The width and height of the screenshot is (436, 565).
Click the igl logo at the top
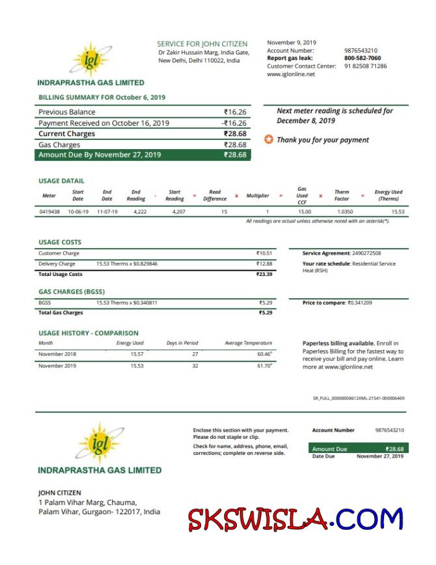pos(91,60)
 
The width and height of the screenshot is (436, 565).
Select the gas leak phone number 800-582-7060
pos(362,58)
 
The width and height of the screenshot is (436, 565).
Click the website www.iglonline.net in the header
pos(290,74)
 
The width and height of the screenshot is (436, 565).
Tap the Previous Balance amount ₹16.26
pos(235,112)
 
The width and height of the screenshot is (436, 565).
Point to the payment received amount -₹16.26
pos(234,123)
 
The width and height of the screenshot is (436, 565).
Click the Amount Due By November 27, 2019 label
pos(100,155)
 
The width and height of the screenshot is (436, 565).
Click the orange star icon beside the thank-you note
pos(268,140)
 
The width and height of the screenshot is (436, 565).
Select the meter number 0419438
pos(50,212)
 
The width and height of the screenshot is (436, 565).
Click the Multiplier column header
pos(258,195)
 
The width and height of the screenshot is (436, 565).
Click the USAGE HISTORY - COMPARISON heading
pos(89,333)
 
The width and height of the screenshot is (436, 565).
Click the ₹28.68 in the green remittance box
pos(394,449)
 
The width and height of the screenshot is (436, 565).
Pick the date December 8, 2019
pos(306,120)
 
